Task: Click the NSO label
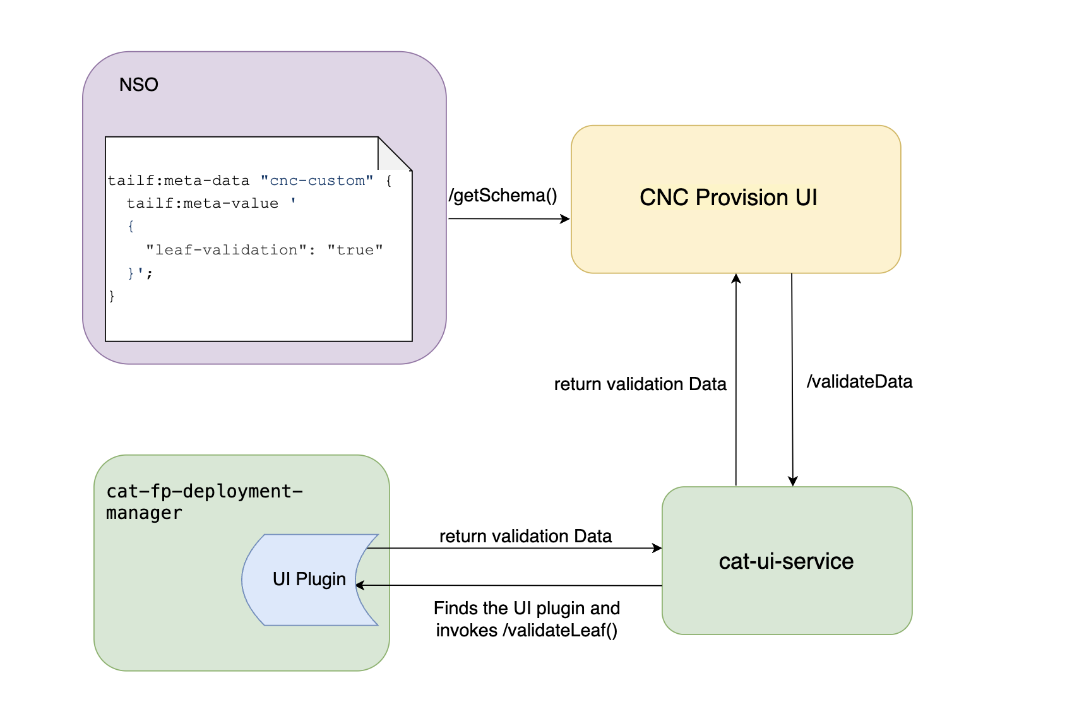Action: (138, 85)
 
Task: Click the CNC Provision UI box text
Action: (728, 198)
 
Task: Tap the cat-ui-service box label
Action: (786, 561)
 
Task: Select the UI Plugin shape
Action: (309, 579)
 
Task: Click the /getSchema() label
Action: (503, 196)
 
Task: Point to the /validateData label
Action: (859, 382)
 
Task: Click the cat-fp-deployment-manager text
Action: (203, 502)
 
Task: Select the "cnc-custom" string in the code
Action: (316, 181)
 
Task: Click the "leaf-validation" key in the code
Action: (226, 250)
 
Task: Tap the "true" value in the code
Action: (355, 250)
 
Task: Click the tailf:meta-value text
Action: (202, 203)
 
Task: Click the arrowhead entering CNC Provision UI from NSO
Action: (566, 219)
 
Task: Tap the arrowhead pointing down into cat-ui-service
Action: (793, 481)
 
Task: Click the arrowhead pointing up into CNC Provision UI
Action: (736, 278)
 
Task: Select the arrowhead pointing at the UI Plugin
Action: (360, 585)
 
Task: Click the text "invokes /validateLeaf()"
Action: (527, 631)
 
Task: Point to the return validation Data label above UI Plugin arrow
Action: (525, 537)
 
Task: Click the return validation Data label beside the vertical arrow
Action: (640, 384)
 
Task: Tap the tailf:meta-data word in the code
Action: (178, 181)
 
